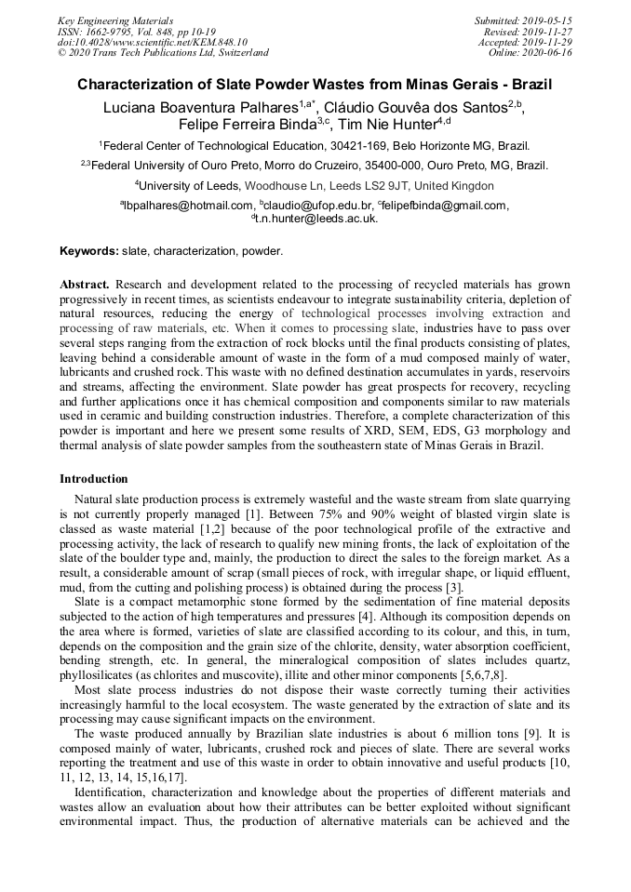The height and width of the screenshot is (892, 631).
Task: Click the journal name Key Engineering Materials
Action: point(114,20)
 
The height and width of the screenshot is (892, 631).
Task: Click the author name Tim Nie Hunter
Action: point(384,124)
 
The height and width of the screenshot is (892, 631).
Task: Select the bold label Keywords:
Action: point(89,251)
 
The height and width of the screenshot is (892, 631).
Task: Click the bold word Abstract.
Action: point(85,283)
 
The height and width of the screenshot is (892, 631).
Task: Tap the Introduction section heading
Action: point(94,479)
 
